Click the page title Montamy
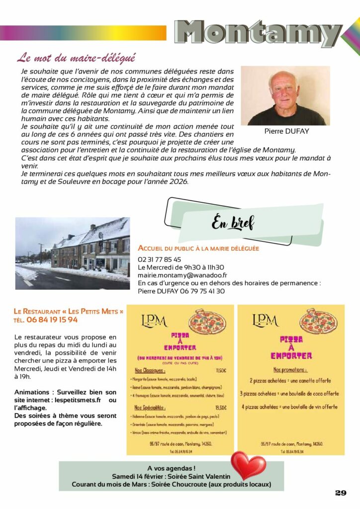click(258, 32)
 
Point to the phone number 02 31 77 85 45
click(159, 259)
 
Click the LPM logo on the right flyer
click(266, 320)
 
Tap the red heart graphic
click(248, 465)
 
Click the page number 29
click(340, 493)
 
